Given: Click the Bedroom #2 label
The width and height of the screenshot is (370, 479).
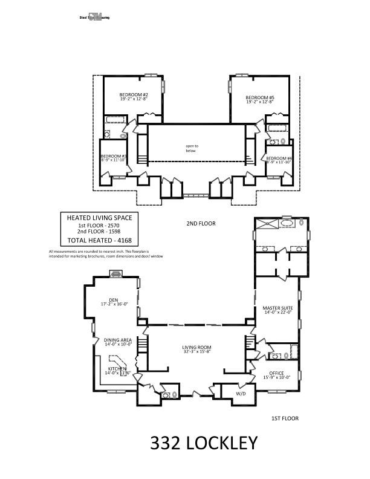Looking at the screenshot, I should (x=134, y=95).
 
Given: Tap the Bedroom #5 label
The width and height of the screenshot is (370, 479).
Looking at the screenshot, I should (x=260, y=98).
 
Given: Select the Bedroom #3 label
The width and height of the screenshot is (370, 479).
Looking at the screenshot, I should (x=113, y=156).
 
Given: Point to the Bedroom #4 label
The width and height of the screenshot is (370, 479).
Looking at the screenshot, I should (x=279, y=159).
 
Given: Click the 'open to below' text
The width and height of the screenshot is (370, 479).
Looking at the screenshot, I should (x=192, y=148).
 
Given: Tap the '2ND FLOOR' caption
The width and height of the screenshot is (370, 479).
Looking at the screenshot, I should (x=201, y=223).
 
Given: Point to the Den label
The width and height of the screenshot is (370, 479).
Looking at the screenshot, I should (x=113, y=299).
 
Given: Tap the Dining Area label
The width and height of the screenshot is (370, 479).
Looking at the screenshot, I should (x=117, y=340).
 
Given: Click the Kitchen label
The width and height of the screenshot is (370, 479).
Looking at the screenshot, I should (x=117, y=368).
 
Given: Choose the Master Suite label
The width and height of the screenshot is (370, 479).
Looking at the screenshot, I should (x=277, y=308).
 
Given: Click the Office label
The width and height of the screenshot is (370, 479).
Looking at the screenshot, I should (x=277, y=373).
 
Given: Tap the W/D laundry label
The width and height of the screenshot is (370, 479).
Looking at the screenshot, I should (x=233, y=393).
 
